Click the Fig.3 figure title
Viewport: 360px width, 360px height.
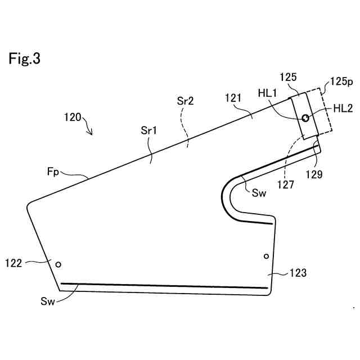tap(24, 58)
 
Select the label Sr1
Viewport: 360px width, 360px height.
tap(148, 130)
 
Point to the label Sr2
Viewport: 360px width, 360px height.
tap(185, 101)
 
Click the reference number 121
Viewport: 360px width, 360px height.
tap(232, 97)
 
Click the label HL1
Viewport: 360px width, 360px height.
tap(269, 93)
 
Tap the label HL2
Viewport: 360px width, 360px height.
tap(343, 109)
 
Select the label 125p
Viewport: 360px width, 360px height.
tap(341, 82)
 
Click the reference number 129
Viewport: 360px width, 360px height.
tap(315, 174)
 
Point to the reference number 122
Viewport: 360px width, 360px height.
tap(15, 262)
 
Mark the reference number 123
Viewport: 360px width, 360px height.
tap(298, 273)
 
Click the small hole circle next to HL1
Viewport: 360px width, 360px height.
tap(305, 118)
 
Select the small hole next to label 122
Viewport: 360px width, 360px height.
tap(57, 263)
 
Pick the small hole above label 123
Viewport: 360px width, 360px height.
tap(267, 256)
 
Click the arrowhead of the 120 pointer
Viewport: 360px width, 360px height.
tap(91, 133)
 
